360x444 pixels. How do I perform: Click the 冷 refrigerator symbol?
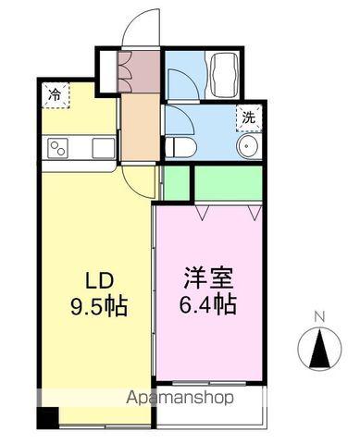coord(55,93)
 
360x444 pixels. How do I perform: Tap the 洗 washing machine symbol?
coord(247,117)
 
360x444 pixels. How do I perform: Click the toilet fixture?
coord(182,148)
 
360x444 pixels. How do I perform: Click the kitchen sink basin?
coord(102,147)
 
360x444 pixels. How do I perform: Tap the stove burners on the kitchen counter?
coord(58,147)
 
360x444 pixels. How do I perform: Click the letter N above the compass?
coord(319,317)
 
